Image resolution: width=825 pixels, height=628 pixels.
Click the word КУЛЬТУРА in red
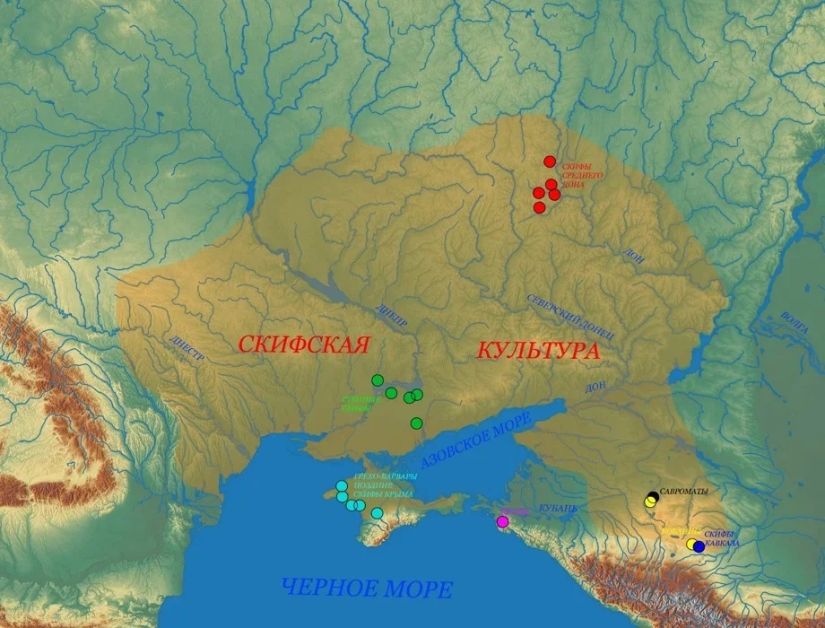[x=537, y=351]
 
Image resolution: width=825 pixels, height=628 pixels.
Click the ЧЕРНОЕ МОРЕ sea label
[x=367, y=589]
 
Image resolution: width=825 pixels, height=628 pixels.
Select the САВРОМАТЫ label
[x=683, y=493]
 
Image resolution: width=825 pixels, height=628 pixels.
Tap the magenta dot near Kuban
[x=502, y=521]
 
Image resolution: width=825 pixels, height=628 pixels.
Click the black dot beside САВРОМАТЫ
[x=653, y=497]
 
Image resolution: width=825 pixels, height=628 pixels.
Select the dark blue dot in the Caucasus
[x=699, y=546]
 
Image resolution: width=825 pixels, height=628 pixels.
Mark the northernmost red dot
[x=550, y=161]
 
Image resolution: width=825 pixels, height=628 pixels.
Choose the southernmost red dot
[x=539, y=207]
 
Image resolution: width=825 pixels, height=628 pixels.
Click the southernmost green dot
[x=416, y=423]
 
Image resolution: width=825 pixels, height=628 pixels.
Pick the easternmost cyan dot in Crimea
[x=377, y=513]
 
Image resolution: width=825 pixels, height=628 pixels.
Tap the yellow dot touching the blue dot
[x=691, y=544]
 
